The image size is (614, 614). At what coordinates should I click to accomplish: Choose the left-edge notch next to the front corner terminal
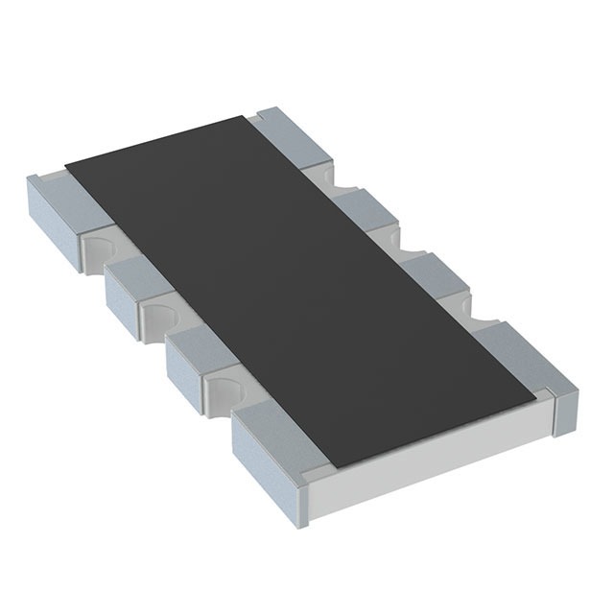(224, 389)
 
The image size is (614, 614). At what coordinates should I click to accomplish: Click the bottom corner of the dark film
(331, 466)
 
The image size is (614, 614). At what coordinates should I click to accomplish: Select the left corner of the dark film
(65, 165)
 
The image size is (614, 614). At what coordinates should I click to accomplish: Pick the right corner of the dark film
(532, 395)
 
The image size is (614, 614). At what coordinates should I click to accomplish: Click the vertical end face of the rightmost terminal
(564, 403)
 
